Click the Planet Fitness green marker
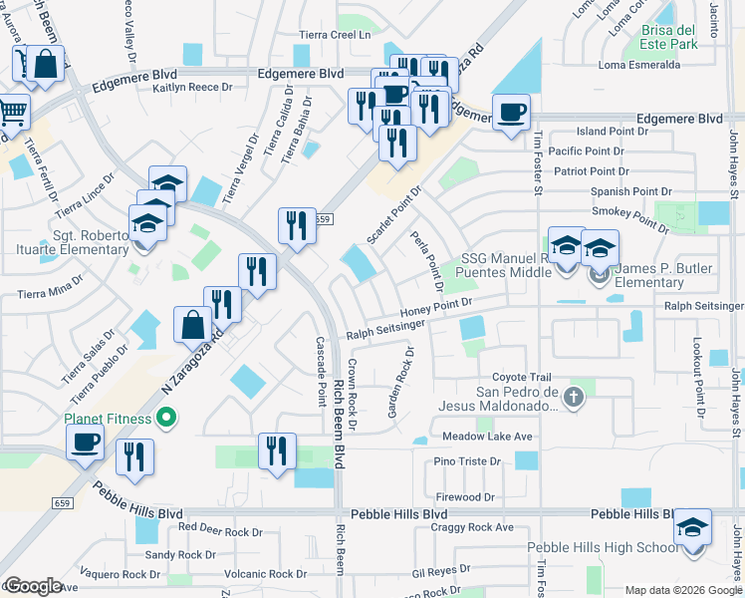(166, 419)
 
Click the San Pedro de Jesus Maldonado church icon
(573, 398)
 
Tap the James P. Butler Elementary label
(677, 275)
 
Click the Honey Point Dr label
(434, 308)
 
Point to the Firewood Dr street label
(464, 496)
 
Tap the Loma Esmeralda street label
(639, 66)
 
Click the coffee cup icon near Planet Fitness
(86, 442)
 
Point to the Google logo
(33, 586)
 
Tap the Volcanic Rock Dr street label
(266, 574)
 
